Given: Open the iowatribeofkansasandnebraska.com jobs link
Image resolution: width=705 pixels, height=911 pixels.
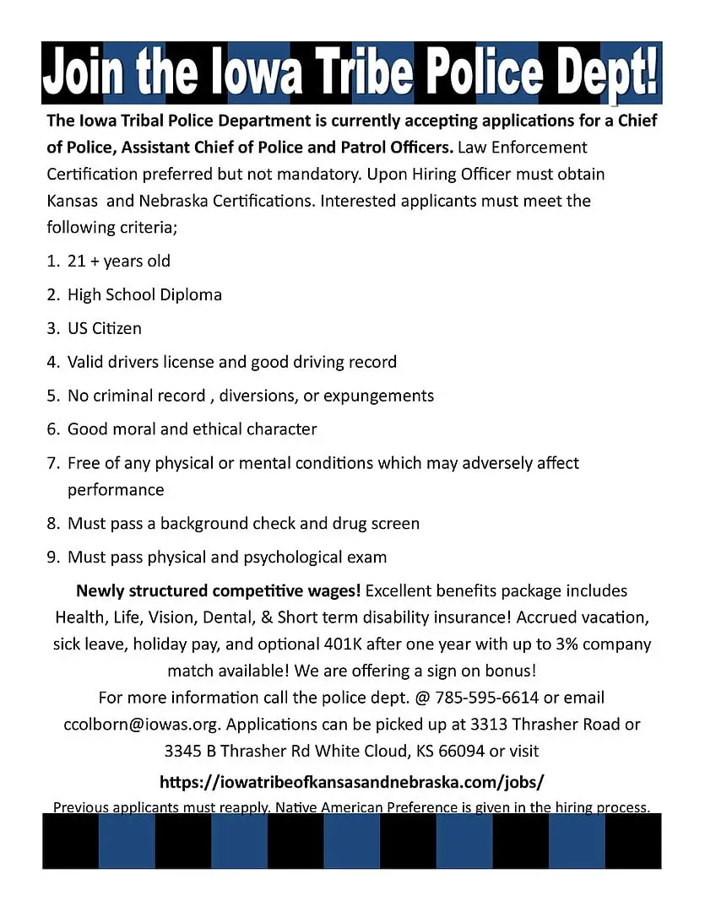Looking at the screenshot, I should (351, 781).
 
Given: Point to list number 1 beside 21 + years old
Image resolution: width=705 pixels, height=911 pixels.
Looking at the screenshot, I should (52, 261).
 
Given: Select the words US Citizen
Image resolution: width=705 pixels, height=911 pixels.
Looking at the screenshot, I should (105, 328).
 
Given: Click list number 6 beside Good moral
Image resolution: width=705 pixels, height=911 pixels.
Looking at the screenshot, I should (52, 429).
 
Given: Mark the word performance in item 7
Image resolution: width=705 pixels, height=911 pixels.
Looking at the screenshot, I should (116, 490).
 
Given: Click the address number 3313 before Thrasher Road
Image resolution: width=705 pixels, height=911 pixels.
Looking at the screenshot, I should (492, 725).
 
